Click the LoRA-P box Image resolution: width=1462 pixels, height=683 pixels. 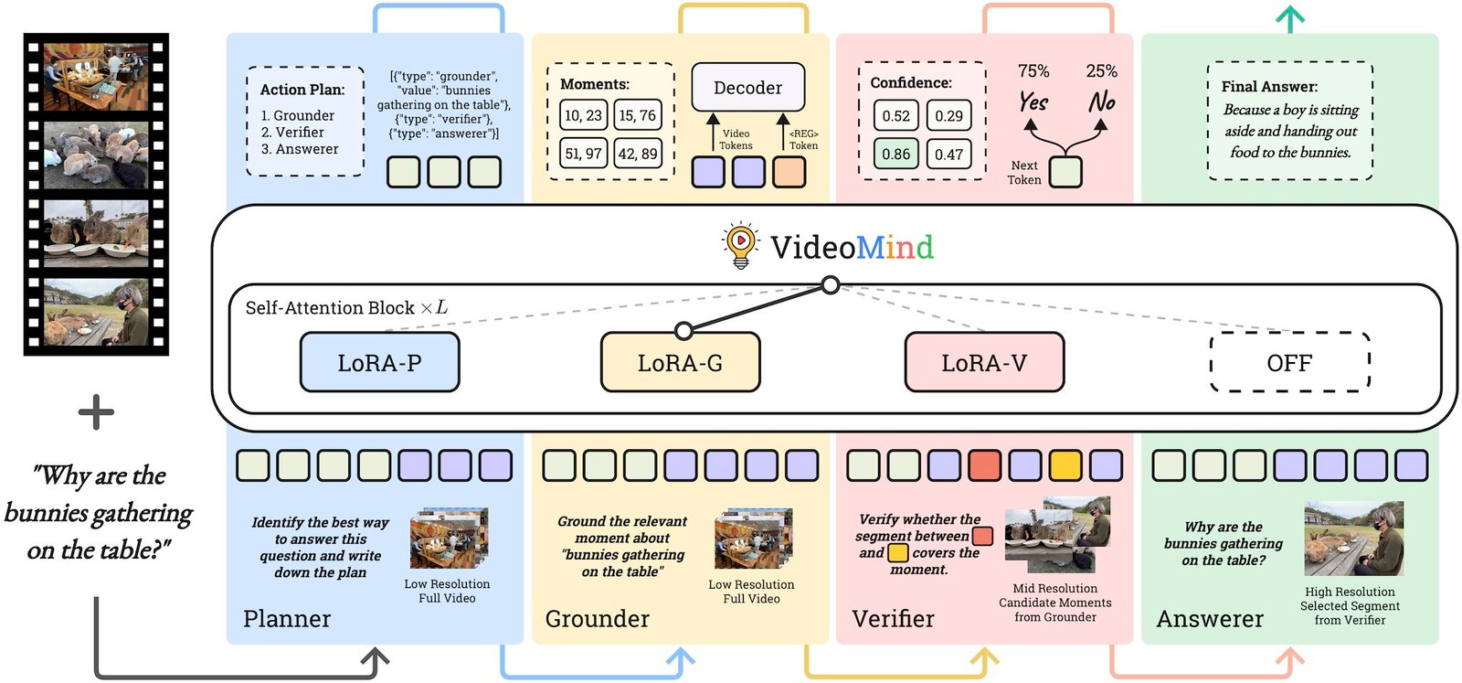pyautogui.click(x=379, y=363)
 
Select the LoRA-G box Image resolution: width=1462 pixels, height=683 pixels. pyautogui.click(x=680, y=363)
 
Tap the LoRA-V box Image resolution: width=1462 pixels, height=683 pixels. pyautogui.click(x=984, y=363)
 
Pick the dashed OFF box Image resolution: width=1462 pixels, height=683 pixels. pyautogui.click(x=1289, y=363)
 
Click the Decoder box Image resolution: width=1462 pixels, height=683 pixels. pyautogui.click(x=747, y=88)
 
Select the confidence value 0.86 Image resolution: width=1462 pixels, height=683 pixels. pyautogui.click(x=895, y=154)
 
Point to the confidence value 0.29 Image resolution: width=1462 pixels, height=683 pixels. pyautogui.click(x=948, y=116)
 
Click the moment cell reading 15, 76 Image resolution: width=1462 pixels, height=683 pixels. pyautogui.click(x=637, y=115)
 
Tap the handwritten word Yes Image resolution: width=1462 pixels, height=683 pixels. pyautogui.click(x=1033, y=101)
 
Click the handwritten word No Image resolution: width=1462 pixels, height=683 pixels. pyautogui.click(x=1102, y=101)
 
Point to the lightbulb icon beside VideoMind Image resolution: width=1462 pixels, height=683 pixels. pyautogui.click(x=740, y=244)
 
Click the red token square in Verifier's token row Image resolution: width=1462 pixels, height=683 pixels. pyautogui.click(x=984, y=465)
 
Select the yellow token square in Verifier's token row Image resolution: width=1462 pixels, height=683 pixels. pyautogui.click(x=1065, y=465)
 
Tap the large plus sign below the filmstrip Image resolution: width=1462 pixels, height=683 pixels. pyautogui.click(x=96, y=413)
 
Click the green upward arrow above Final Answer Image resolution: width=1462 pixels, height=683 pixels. pyautogui.click(x=1289, y=18)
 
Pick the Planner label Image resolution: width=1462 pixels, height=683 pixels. pyautogui.click(x=287, y=619)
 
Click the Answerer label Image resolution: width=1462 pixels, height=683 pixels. pyautogui.click(x=1210, y=619)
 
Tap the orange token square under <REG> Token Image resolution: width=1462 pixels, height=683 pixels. pyautogui.click(x=789, y=172)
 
